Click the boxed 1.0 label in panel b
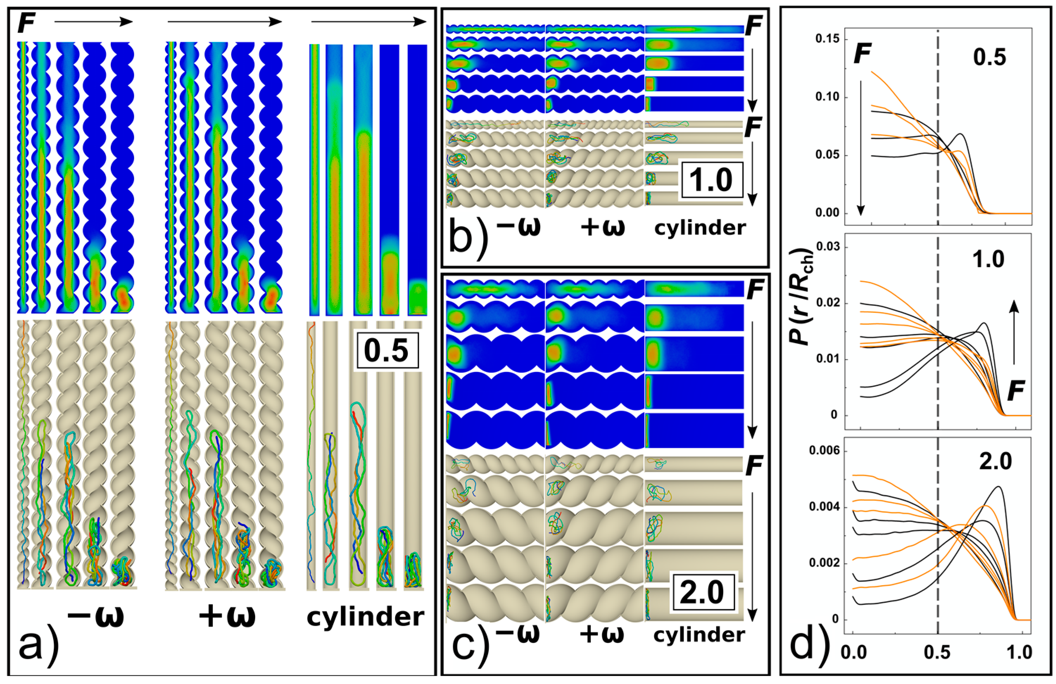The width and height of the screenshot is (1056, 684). (x=710, y=180)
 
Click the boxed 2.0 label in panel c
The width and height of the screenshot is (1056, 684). (x=702, y=592)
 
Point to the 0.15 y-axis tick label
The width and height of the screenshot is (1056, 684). (x=828, y=39)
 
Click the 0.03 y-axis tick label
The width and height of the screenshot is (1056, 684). (x=828, y=247)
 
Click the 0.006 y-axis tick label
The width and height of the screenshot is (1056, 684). (x=824, y=451)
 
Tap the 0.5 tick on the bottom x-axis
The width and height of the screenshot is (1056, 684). (x=937, y=652)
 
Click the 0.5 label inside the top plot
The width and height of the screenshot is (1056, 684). (x=989, y=58)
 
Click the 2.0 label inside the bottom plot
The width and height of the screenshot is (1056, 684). (x=995, y=462)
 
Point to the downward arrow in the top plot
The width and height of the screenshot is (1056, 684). (x=860, y=146)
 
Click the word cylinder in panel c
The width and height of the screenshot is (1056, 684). (x=699, y=635)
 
